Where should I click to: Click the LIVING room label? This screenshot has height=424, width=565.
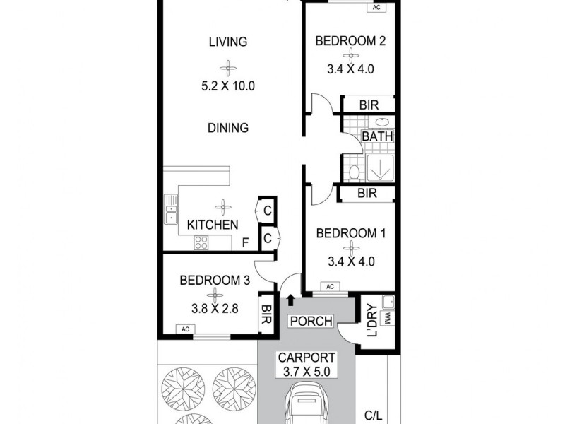227,42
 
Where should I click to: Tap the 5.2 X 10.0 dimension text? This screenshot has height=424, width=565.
227,87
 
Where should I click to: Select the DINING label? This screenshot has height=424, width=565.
227,128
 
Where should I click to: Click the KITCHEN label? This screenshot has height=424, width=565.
212,225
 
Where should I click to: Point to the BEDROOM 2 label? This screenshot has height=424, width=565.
350,41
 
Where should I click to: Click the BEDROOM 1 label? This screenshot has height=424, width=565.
350,233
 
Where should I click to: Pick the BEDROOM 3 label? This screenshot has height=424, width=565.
215,280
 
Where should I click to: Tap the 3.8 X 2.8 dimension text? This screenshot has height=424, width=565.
215,309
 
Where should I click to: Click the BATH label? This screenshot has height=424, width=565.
377,136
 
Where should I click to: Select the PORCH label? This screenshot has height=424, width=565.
311,322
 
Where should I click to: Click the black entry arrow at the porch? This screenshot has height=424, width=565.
290,300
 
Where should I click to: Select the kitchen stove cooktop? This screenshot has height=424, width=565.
201,242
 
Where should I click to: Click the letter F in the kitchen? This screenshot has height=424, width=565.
246,244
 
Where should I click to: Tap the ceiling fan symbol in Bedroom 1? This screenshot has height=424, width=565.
350,247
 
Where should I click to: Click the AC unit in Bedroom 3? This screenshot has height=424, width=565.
186,329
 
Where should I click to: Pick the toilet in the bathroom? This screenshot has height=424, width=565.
352,172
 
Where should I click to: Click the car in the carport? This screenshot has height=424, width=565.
307,406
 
